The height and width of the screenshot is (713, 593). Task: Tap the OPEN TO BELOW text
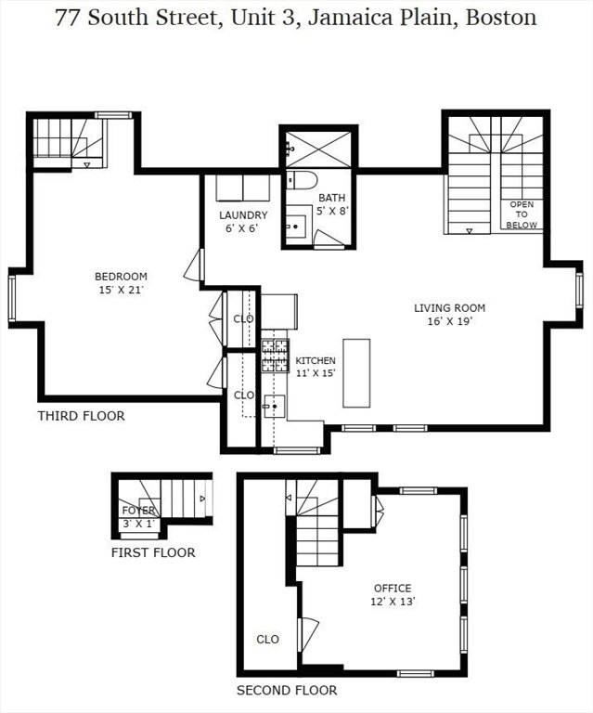pyautogui.click(x=522, y=214)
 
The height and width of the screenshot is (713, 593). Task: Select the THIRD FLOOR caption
pyautogui.click(x=82, y=416)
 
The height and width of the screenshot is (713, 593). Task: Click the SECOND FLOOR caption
pyautogui.click(x=287, y=691)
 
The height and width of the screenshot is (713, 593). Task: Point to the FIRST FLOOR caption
pyautogui.click(x=153, y=553)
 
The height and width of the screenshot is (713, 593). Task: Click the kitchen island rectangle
pyautogui.click(x=356, y=373)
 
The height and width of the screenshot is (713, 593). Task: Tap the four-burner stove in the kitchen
pyautogui.click(x=275, y=356)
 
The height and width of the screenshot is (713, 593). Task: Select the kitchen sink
pyautogui.click(x=275, y=406)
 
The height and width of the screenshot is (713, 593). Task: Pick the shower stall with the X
pyautogui.click(x=319, y=149)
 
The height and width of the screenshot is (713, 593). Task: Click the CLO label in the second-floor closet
pyautogui.click(x=267, y=640)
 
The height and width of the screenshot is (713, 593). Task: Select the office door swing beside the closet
pyautogui.click(x=307, y=634)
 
